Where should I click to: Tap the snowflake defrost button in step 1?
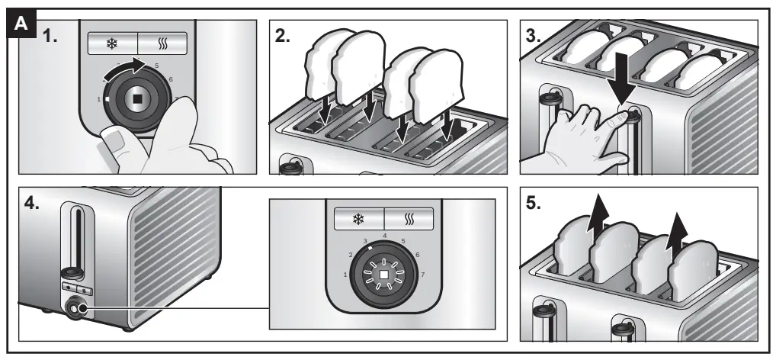112,43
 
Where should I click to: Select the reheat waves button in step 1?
162,43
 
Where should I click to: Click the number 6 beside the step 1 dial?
170,79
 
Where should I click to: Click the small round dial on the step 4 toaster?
76,310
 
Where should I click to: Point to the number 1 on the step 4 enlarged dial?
345,274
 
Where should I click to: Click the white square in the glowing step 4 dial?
384,273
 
